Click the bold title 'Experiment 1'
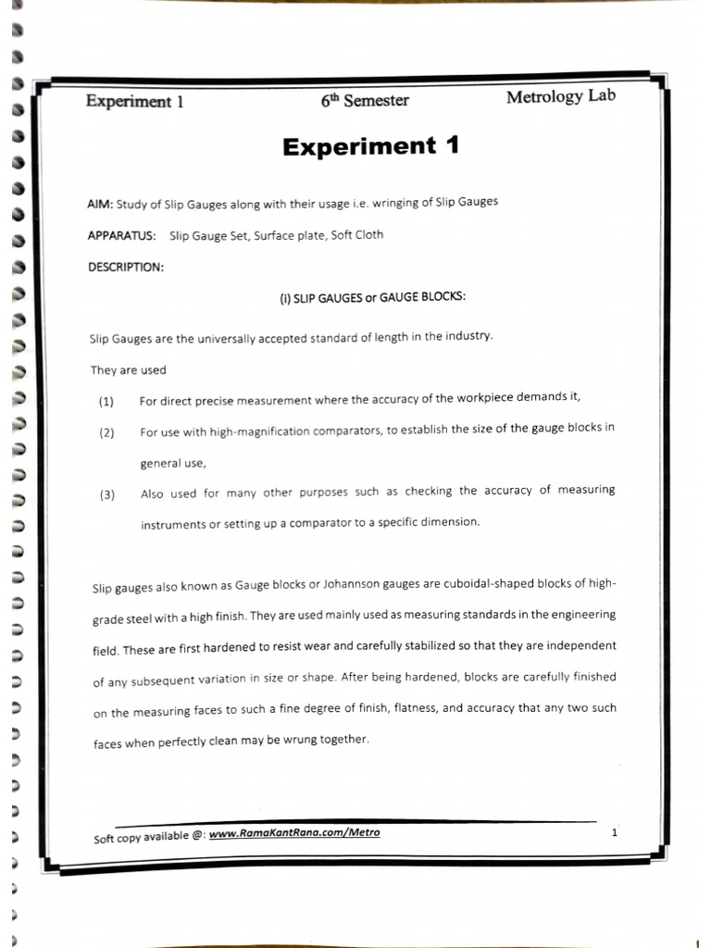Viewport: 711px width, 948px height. tap(370, 147)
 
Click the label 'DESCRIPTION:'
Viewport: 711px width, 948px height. tap(126, 267)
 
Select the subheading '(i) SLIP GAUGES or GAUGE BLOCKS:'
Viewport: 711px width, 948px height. tap(373, 298)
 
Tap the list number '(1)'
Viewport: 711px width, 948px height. tap(106, 402)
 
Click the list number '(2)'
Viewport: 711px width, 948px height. tap(106, 432)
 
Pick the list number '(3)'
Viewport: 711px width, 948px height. tap(107, 494)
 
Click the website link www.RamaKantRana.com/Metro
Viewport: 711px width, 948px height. tap(294, 834)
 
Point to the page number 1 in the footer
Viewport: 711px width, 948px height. tap(614, 833)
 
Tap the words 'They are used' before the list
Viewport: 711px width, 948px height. tap(129, 370)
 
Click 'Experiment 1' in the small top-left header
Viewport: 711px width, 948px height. tap(134, 102)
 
